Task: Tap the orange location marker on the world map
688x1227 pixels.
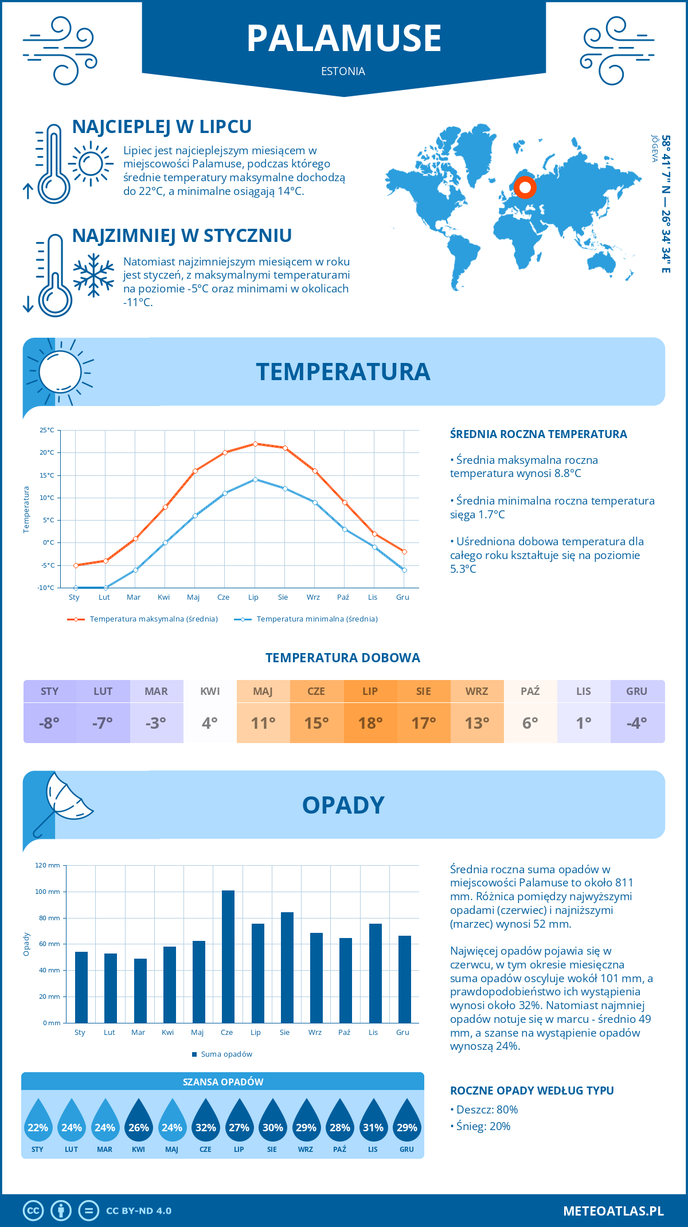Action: click(525, 187)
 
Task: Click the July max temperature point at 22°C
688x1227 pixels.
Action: click(255, 444)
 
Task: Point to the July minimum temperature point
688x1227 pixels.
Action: click(255, 479)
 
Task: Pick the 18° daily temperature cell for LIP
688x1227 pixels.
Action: click(370, 722)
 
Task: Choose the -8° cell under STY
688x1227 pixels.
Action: click(49, 722)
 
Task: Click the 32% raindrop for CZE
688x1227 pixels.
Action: click(205, 1124)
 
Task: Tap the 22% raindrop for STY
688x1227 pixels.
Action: click(38, 1124)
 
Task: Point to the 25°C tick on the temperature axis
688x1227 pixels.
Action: click(47, 430)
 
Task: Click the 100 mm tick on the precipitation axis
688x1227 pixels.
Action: click(48, 892)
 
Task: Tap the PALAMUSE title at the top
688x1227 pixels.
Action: click(344, 38)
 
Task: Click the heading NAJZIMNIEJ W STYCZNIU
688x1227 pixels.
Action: click(182, 236)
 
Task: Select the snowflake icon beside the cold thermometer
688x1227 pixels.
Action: click(93, 275)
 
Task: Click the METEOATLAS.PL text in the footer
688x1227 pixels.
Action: click(613, 1211)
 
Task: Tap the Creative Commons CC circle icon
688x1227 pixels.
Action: click(33, 1210)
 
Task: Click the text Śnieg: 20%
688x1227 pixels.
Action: click(483, 1126)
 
